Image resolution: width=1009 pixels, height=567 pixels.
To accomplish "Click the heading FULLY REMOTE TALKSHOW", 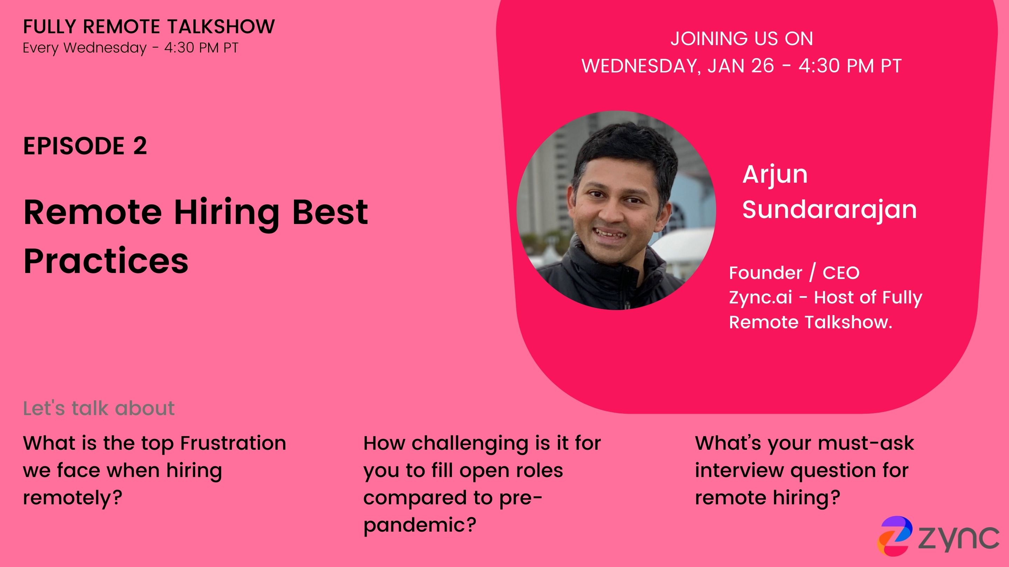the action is [149, 27].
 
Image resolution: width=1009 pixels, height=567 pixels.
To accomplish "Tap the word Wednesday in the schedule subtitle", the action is [105, 48].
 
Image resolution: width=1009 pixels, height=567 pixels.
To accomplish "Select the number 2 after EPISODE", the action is [140, 146].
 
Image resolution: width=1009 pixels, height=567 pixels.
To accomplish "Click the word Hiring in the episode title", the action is [226, 213].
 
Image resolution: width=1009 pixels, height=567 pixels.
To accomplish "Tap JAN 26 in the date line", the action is [741, 65].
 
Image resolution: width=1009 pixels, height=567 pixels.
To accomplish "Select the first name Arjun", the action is [775, 175].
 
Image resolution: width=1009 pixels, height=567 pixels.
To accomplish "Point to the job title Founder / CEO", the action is [794, 272].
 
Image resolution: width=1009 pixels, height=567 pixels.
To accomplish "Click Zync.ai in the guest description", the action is [760, 297].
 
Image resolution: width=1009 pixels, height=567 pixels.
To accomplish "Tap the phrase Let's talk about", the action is [99, 408].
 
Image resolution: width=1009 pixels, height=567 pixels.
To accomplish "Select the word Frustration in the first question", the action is [233, 443].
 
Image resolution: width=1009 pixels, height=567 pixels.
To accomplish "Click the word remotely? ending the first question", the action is [73, 498].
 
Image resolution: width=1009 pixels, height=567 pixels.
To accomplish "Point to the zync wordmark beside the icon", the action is [959, 539].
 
